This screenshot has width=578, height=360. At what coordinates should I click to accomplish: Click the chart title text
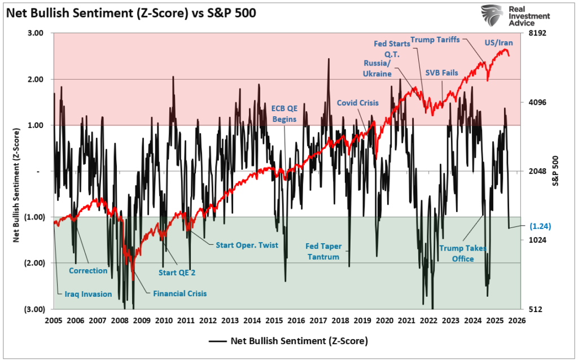coord(131,14)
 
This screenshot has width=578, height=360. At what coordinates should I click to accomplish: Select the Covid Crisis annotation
coord(357,103)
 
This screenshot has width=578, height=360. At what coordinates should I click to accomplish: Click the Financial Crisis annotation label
coord(179,293)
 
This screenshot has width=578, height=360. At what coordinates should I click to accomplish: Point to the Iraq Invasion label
coord(85,294)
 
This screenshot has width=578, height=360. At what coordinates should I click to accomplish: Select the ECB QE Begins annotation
coord(284,113)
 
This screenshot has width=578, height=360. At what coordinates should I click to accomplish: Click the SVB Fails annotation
coord(441,72)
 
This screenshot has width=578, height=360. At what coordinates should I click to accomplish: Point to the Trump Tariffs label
coord(435,39)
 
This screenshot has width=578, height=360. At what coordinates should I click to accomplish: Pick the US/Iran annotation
coord(499,43)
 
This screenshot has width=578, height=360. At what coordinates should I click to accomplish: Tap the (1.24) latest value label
coord(540,226)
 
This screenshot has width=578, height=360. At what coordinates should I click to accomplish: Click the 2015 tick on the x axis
coord(274,321)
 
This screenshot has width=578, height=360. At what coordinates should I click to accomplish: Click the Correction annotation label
coord(88,270)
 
